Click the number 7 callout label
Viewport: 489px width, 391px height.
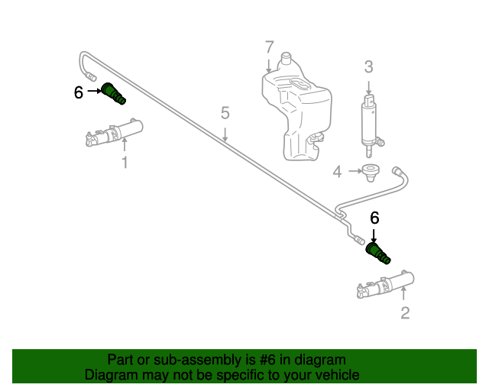[x=269, y=47]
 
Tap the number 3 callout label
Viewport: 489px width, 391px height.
[x=368, y=67]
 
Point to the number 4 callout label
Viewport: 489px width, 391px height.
[x=337, y=172]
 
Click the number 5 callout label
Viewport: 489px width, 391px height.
[x=225, y=113]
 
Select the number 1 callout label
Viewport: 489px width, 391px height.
[x=125, y=162]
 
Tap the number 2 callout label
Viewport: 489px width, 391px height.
[x=405, y=312]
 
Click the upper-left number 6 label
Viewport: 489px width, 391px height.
[x=78, y=92]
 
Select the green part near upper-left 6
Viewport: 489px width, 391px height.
[x=114, y=93]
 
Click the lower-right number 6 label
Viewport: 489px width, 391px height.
[x=374, y=218]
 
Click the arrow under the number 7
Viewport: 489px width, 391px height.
[x=269, y=64]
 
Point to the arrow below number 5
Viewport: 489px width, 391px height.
[x=225, y=134]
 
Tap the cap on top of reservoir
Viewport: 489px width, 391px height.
[x=287, y=57]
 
